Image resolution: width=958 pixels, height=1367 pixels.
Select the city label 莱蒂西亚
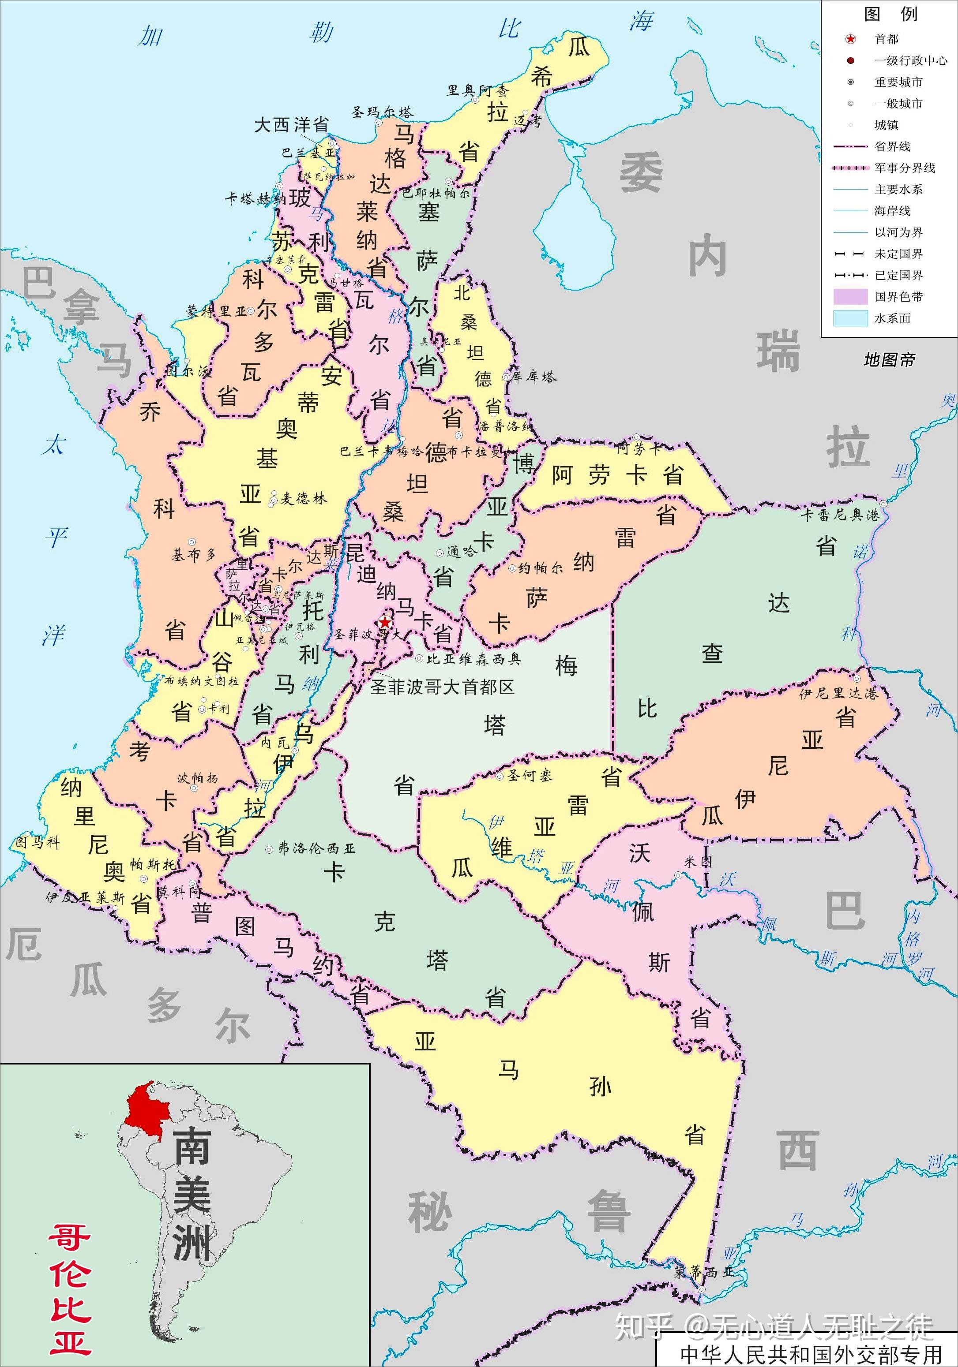[x=703, y=1272]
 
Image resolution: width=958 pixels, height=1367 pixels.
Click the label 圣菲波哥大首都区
[x=442, y=687]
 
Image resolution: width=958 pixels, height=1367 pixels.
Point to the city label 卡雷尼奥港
[x=840, y=515]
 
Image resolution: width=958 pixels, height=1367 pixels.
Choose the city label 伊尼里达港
[x=838, y=693]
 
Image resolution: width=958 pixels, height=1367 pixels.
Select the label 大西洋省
[x=291, y=125]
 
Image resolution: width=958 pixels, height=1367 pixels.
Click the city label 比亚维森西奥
[x=473, y=658]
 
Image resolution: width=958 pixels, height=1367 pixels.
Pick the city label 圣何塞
[x=530, y=775]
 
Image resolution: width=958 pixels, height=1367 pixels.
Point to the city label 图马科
[x=38, y=842]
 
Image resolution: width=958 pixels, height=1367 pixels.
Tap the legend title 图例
[x=890, y=14]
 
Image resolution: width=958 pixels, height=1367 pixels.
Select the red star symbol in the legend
[x=850, y=39]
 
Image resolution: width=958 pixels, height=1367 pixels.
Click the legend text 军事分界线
[x=904, y=168]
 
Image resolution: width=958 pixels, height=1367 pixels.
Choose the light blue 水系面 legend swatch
[x=850, y=318]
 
